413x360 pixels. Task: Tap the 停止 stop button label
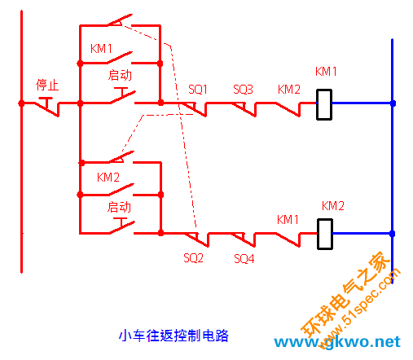[x=47, y=85]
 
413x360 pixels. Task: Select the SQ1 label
[x=198, y=90]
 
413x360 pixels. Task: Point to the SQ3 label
[x=243, y=90]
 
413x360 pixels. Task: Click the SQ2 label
[x=193, y=257]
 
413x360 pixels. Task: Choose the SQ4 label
[x=244, y=258]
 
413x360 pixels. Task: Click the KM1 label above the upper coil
[x=326, y=72]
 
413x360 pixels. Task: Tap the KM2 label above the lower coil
[x=333, y=206]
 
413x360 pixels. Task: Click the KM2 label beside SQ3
[x=289, y=90]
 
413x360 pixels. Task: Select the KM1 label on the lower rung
[x=288, y=219]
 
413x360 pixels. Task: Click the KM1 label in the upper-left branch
[x=101, y=49]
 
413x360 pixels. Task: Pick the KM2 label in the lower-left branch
[x=108, y=178]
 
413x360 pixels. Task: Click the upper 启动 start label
[x=120, y=75]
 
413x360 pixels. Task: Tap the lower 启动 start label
[x=119, y=207]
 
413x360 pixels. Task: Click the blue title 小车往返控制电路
[x=174, y=336]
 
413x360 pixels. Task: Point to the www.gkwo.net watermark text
[x=337, y=342]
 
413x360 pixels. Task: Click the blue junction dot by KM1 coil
[x=393, y=103]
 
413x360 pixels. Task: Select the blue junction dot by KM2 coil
[x=392, y=234]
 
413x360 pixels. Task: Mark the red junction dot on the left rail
[x=21, y=103]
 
